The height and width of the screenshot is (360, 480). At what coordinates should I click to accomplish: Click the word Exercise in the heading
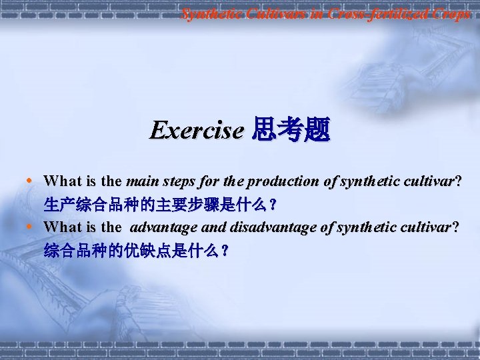(197, 130)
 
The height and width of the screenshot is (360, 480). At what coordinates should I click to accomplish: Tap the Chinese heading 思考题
(290, 130)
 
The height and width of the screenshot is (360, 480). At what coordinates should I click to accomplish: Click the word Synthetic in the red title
(209, 13)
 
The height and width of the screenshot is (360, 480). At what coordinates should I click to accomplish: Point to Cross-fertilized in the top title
(373, 13)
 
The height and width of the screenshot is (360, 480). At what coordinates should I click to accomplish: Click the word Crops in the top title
(450, 13)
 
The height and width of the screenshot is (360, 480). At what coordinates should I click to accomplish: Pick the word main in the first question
(140, 181)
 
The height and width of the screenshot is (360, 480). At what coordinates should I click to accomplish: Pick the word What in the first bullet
(62, 181)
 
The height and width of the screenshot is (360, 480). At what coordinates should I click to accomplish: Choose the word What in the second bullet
(62, 227)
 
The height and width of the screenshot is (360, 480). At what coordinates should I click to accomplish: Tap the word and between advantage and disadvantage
(213, 227)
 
